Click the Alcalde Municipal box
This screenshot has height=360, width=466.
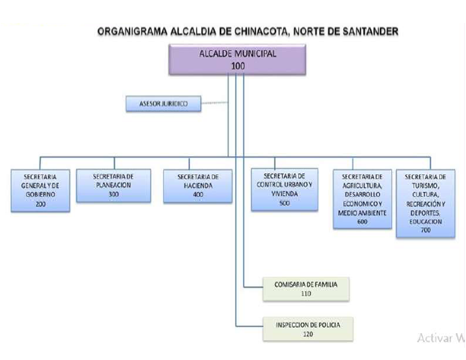point(237,59)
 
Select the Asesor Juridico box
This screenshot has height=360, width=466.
point(163,104)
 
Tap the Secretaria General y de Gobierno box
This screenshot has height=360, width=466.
point(41,190)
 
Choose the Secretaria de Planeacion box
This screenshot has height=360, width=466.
point(113,186)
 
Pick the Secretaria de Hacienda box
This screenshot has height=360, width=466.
point(198,186)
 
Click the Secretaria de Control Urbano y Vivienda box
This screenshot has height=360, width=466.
point(285,190)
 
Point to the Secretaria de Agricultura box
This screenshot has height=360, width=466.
point(362,199)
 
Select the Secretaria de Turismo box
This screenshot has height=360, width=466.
point(425,203)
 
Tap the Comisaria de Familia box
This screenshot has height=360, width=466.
point(306,289)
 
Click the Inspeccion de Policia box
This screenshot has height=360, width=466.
point(308,329)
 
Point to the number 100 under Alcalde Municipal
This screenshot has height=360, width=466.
point(238,66)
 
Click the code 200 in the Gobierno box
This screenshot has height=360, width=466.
point(41,204)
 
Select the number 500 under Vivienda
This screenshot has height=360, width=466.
point(285,203)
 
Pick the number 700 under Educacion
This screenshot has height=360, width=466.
point(425,230)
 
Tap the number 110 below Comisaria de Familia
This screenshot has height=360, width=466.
point(306,294)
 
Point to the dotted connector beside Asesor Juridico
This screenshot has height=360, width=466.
point(214,103)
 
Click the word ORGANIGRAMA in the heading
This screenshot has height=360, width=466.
point(133,31)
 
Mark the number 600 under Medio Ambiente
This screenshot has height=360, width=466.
point(362,221)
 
